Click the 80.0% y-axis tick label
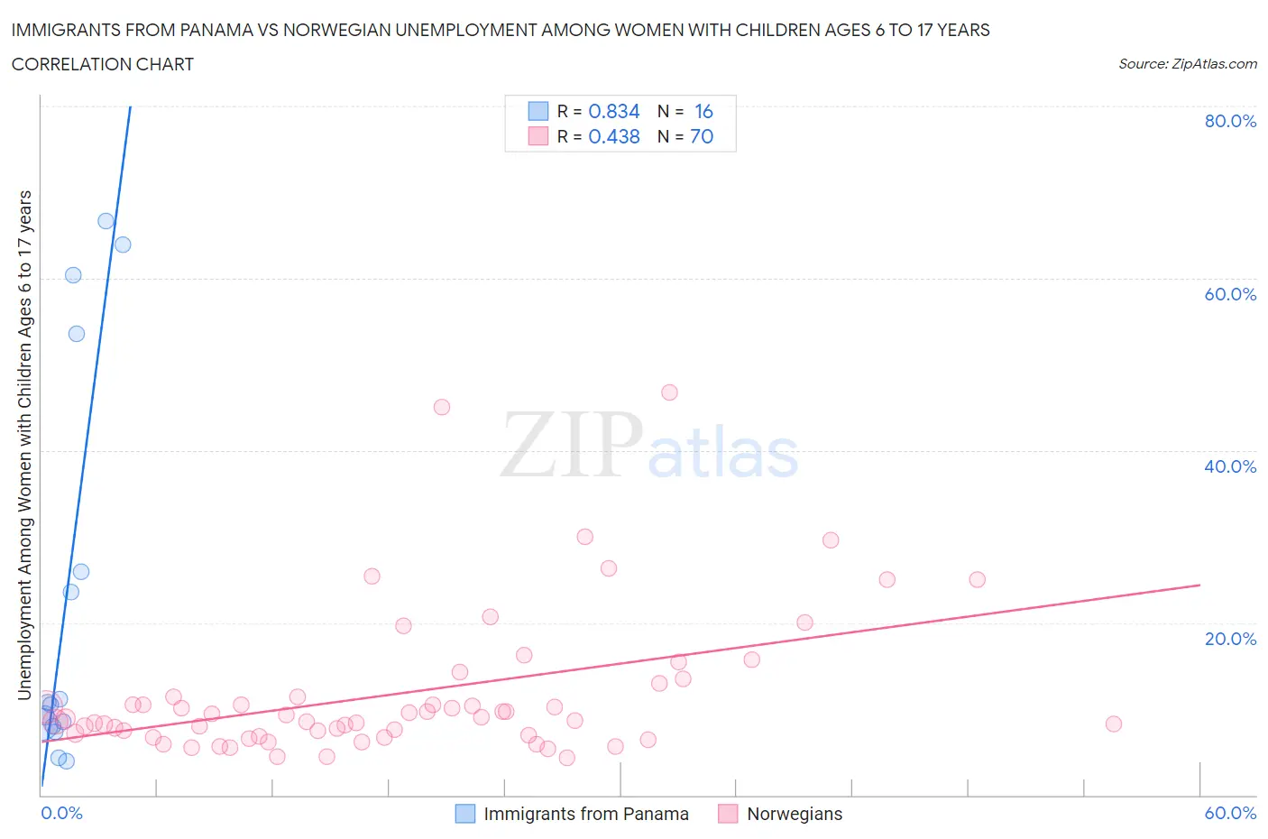click(x=1230, y=121)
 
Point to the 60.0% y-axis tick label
click(x=1230, y=294)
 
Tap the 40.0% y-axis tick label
click(x=1230, y=466)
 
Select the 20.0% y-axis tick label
click(x=1230, y=639)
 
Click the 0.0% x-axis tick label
click(x=61, y=813)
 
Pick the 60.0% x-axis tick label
click(x=1230, y=813)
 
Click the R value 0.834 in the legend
click(x=613, y=111)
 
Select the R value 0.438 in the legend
click(x=613, y=136)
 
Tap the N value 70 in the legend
click(x=701, y=136)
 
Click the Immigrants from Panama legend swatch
click(x=464, y=814)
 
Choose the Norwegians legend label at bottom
click(x=794, y=814)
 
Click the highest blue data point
click(x=106, y=221)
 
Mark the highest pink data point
click(x=669, y=392)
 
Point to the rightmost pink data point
click(x=1113, y=724)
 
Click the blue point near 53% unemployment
click(x=77, y=334)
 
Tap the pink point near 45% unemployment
click(x=441, y=407)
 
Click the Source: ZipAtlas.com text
click(x=1187, y=64)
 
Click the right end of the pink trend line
click(x=1199, y=585)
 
